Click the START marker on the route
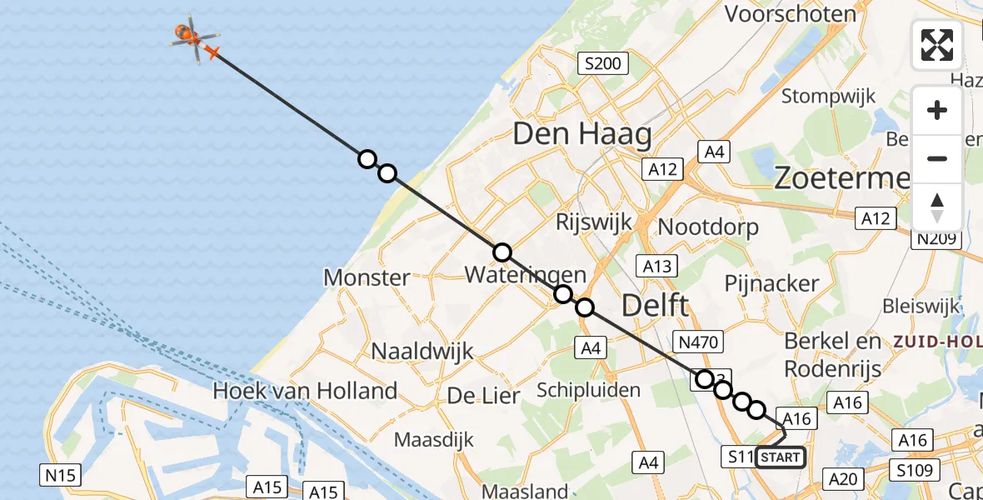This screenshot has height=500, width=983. tap(780, 457)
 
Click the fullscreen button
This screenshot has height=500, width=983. tap(937, 45)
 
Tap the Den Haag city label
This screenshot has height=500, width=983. tap(582, 133)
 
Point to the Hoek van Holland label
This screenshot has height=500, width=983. tap(305, 390)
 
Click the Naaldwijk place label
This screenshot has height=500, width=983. tap(422, 351)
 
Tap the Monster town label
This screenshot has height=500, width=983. tap(367, 277)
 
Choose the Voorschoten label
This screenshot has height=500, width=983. tap(791, 14)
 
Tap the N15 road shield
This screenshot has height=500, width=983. tap(61, 476)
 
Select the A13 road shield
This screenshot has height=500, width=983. tap(656, 266)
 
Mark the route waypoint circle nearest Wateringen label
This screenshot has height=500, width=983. tap(501, 252)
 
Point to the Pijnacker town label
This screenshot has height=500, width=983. tap(772, 283)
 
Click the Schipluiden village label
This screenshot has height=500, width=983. tap(588, 390)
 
